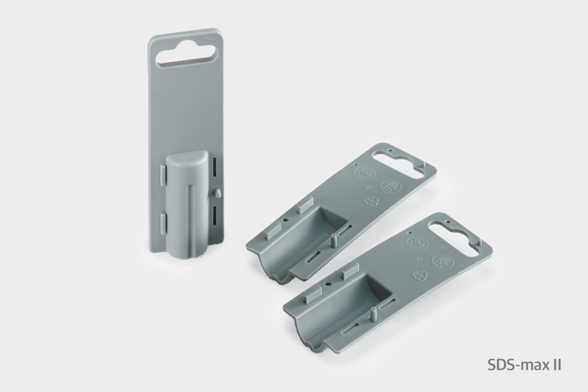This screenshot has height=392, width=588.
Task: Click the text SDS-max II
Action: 524,365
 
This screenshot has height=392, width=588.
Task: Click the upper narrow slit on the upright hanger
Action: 216,166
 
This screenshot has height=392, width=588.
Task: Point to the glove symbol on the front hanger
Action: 442,261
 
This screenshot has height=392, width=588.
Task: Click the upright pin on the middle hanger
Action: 333,240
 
